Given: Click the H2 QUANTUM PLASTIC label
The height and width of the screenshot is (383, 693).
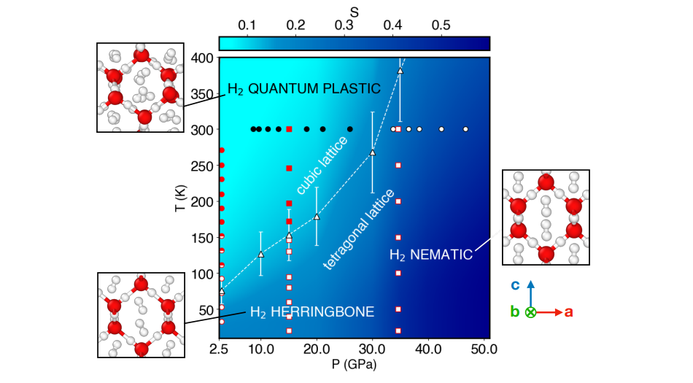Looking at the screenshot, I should tap(304, 89).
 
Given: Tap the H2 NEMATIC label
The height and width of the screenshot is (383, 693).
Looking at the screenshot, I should tap(430, 255).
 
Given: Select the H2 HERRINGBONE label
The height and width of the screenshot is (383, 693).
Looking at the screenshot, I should tap(311, 312).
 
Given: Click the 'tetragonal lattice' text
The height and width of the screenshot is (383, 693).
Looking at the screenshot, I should tap(358, 229).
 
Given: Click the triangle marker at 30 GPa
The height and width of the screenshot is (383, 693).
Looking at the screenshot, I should tap(372, 152).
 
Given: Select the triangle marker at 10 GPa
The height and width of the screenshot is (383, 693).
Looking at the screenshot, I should tap(261, 254).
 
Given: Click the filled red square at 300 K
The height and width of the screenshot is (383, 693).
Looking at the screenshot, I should tap(289, 129).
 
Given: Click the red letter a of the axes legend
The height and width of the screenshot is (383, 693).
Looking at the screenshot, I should tap(569, 312).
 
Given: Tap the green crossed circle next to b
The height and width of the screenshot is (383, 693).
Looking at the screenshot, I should tap(531, 312).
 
